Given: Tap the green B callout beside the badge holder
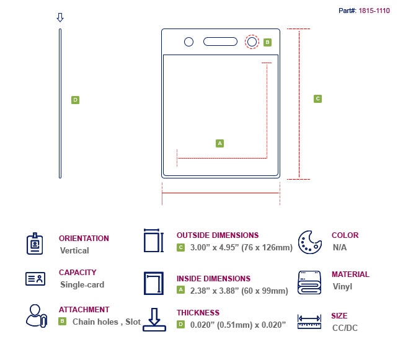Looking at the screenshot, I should (267, 42).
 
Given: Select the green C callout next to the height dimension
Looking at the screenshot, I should (317, 99).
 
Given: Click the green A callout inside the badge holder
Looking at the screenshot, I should (219, 143).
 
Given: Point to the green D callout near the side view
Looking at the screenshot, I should (75, 100).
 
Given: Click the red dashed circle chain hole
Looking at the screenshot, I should (252, 42).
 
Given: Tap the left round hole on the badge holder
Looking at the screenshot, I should (189, 42).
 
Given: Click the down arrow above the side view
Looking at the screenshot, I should (60, 17).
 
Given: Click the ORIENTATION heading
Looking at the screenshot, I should (84, 238).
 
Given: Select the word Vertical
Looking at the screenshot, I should (74, 251).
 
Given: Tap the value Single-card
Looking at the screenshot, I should (82, 285).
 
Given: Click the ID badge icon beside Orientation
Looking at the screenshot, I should (36, 244).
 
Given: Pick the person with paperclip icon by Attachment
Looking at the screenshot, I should (36, 315).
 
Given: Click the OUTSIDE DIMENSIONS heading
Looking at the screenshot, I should (218, 235).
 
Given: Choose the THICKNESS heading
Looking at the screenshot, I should (198, 313).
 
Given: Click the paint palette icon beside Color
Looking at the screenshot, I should (309, 242).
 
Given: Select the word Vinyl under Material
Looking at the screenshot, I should (342, 287).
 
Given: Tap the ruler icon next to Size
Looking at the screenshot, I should (309, 321).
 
